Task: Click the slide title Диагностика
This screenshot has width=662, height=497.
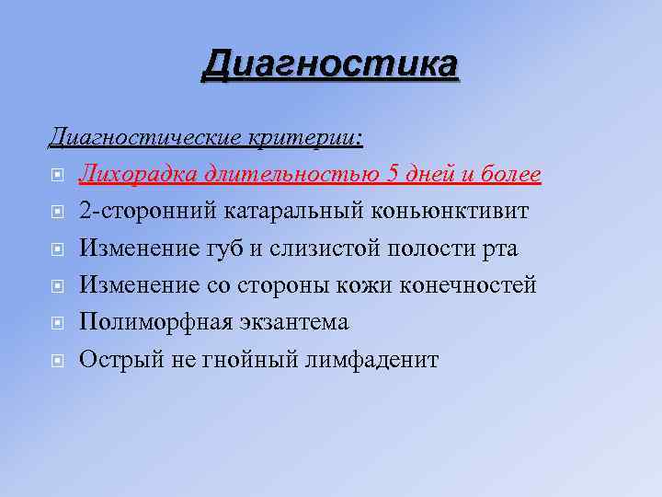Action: click(330, 64)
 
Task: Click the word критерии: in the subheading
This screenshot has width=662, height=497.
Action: click(306, 138)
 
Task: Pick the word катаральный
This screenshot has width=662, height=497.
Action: click(293, 212)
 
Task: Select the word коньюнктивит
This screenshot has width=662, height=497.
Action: click(451, 212)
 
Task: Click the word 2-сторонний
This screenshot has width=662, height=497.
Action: click(145, 212)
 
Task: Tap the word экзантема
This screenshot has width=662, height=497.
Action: click(291, 323)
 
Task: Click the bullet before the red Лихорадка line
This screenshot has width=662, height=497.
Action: click(57, 176)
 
